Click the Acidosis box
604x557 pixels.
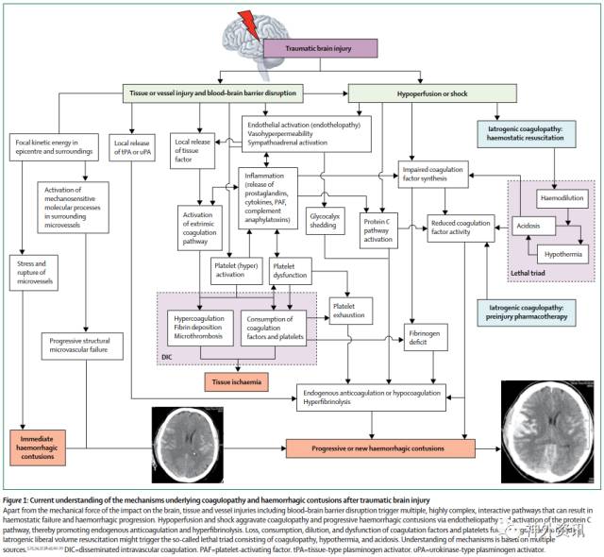pos(530,226)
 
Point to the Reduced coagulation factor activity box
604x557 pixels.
pos(460,228)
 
